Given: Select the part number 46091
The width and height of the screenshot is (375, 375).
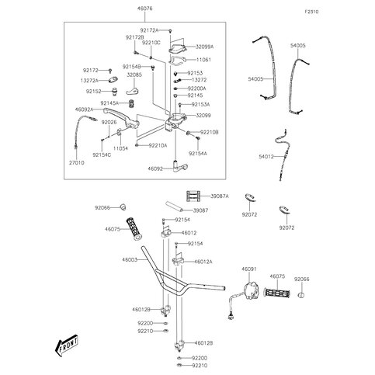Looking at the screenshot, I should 249,269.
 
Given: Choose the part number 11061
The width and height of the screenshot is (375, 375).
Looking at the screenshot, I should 203,59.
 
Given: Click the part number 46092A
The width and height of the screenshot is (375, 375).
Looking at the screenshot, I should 85,109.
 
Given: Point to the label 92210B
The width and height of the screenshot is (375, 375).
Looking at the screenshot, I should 210,133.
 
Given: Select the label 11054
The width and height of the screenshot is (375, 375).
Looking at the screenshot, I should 121,147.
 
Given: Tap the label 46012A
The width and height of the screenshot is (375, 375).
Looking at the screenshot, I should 203,262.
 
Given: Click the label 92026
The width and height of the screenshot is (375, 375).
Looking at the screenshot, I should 87,122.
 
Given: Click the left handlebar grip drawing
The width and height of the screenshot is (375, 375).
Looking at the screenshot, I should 135,229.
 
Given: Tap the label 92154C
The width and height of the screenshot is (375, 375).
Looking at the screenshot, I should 102,155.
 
